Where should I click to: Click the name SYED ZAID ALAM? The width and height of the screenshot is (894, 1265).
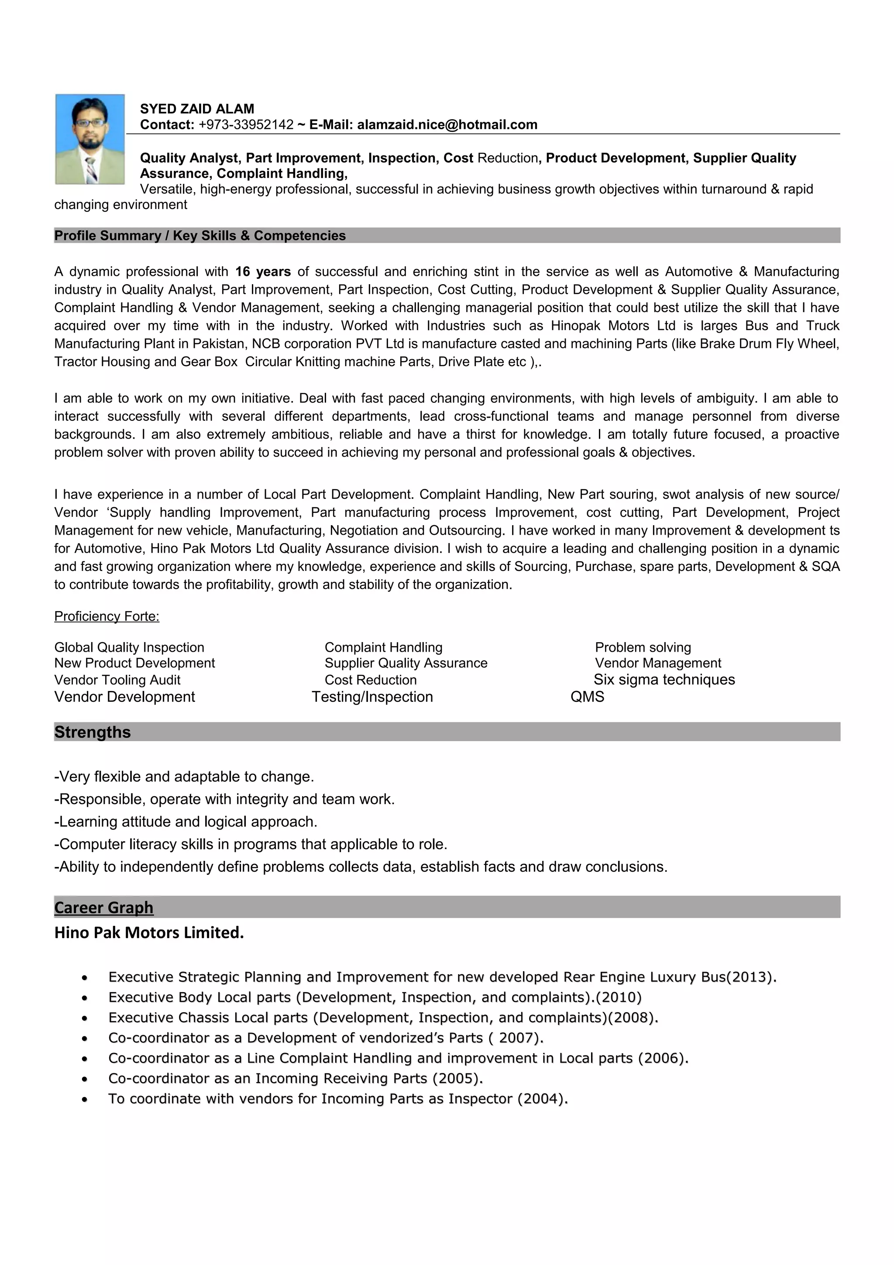(x=196, y=109)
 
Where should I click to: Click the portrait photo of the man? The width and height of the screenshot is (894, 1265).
(x=90, y=139)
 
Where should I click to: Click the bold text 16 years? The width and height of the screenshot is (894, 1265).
(x=263, y=272)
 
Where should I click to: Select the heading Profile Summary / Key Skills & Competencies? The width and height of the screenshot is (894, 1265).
(x=199, y=236)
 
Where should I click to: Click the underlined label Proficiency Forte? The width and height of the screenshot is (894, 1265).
(x=107, y=616)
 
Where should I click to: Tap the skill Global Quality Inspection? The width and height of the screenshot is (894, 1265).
(x=129, y=647)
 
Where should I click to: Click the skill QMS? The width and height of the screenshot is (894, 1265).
(x=587, y=697)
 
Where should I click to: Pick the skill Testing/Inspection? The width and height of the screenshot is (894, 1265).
(x=372, y=697)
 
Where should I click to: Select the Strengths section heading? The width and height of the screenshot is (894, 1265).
(x=92, y=732)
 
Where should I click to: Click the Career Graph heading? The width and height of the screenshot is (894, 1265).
(x=103, y=907)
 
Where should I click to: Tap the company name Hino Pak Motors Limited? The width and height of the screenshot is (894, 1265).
(x=149, y=933)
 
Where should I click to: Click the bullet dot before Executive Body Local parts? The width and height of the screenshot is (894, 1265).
(x=84, y=998)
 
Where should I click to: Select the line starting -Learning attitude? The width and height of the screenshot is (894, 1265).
(x=186, y=822)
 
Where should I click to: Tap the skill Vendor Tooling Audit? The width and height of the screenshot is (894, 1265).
(x=117, y=680)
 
